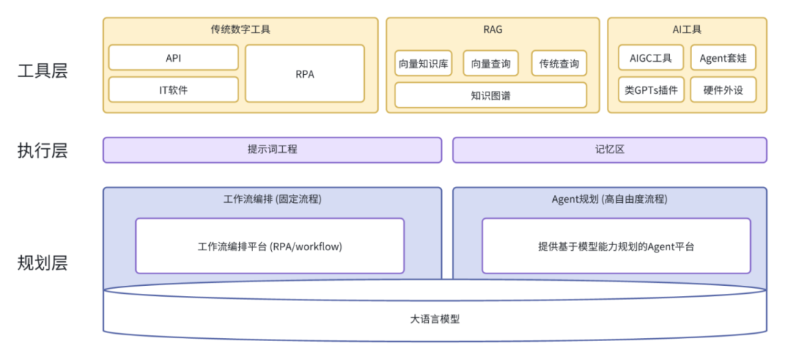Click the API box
coord(173,57)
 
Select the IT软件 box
coord(173,90)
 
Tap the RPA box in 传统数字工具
coord(305,73)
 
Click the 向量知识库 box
coord(424,64)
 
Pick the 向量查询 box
coord(491,64)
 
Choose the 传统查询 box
coord(558,64)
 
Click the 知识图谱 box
coord(491,95)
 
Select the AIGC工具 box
coord(651,57)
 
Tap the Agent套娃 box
coord(722,57)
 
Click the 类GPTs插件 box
coord(651,90)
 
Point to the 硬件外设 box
coord(722,90)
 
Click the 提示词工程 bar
coord(272,150)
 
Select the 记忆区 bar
coord(609,150)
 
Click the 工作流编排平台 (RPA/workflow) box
coord(270,247)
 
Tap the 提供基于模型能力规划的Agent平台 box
coord(616,247)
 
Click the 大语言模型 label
coord(435,319)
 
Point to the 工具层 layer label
coord(42,71)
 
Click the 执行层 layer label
coord(42,151)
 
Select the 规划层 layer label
coord(42,263)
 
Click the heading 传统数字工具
coord(241,30)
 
